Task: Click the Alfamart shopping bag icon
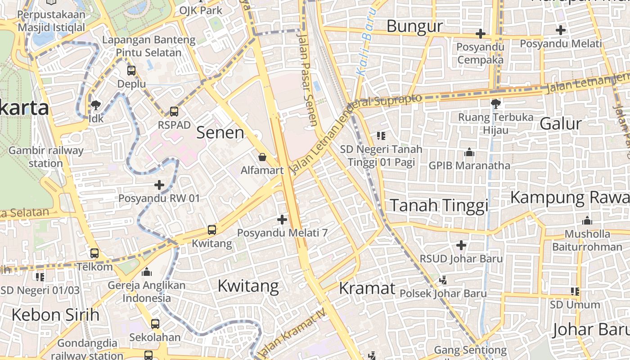pos(262,157)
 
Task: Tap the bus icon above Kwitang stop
pos(212,230)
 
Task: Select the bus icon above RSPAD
pos(174,111)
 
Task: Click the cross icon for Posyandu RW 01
pos(159,184)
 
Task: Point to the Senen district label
pos(220,132)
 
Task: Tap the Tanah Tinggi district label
pos(439,205)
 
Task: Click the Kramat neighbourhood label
pos(367,288)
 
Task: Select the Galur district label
pos(560,123)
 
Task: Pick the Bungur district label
pos(414,27)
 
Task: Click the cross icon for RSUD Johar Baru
pos(461,245)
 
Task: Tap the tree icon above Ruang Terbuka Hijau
pos(496,104)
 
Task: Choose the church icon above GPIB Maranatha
pos(469,152)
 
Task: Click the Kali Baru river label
pos(365,42)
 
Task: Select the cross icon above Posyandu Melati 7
pos(282,220)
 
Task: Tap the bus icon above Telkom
pos(94,253)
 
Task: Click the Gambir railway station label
pos(46,157)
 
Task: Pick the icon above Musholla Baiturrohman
pos(587,220)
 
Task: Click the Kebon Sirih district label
pos(55,315)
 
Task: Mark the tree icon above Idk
pos(95,105)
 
